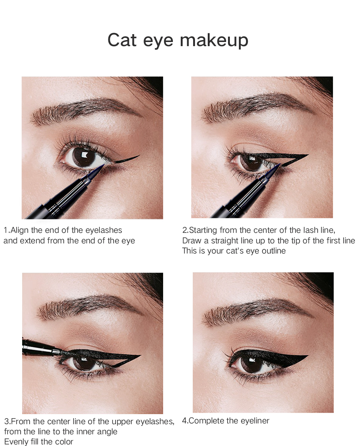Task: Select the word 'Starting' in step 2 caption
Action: point(203,230)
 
